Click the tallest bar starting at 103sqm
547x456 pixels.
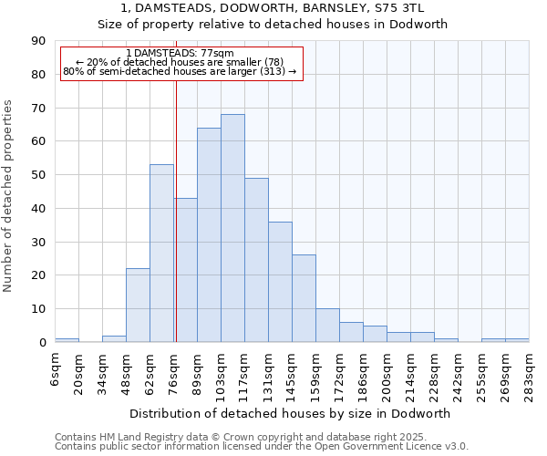232,228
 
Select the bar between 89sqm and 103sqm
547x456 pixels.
209,235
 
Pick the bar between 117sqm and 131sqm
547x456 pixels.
256,260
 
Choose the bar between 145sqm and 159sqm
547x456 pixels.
304,298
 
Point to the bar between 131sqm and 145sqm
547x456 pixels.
280,282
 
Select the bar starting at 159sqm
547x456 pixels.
327,326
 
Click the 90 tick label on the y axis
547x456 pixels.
38,41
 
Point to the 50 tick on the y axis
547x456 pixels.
38,175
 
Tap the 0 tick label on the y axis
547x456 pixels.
42,343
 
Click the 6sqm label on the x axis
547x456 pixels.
56,369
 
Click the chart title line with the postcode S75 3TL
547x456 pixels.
273,8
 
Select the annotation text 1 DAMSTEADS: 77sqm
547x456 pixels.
180,54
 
